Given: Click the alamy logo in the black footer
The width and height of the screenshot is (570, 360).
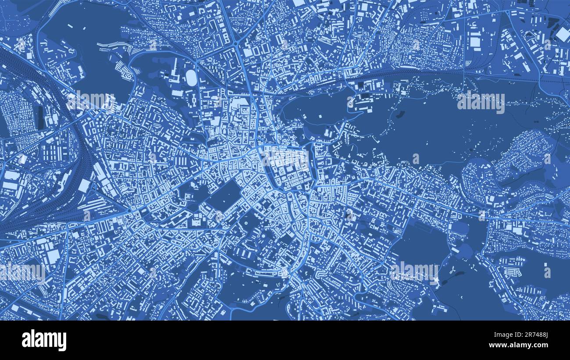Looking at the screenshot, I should point(44,340).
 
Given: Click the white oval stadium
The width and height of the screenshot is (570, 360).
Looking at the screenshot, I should point(191,78).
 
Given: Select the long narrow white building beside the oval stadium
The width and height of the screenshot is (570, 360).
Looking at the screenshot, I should point(176,70).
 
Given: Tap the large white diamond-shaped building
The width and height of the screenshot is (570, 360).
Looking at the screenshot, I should point(562,34).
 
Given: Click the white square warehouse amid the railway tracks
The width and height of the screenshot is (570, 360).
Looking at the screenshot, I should point(84,185).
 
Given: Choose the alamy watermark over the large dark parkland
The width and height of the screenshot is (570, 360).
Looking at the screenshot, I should point(481,102).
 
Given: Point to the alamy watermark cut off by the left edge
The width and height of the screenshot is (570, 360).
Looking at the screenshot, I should point(22,272).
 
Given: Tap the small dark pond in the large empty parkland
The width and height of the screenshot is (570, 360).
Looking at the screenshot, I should point(400,115).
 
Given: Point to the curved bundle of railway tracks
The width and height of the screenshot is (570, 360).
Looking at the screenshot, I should point(75,145).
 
